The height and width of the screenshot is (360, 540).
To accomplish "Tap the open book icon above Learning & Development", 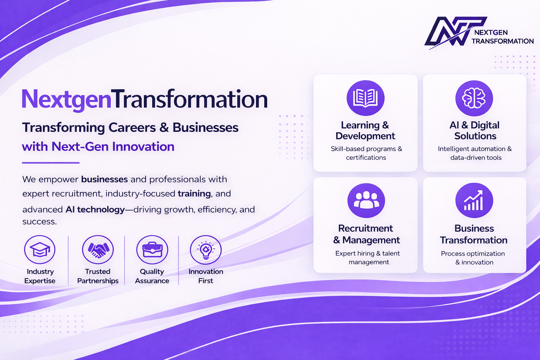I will (366, 98).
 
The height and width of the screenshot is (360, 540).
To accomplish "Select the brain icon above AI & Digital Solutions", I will (474, 98).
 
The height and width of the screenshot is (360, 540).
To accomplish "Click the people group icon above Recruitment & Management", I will (366, 201).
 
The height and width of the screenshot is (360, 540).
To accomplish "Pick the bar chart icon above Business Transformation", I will (474, 201).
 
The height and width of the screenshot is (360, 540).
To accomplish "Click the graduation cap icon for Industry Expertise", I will (40, 250).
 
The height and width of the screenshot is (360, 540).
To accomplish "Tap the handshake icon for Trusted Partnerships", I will (98, 250).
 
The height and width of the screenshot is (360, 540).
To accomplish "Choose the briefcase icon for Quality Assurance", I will (152, 250).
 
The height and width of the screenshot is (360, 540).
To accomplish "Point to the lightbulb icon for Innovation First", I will (206, 250).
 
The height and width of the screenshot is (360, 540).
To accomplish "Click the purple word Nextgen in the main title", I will (66, 99).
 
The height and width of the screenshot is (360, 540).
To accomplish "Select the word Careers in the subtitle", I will (132, 128).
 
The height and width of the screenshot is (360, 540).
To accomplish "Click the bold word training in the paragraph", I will (194, 194).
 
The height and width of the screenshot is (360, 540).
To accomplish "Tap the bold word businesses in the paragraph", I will (104, 179).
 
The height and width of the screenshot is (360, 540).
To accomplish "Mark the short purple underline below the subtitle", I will (51, 163).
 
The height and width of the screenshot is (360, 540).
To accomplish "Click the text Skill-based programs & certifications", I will (366, 153).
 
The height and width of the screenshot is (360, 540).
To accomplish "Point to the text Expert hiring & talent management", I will (368, 258).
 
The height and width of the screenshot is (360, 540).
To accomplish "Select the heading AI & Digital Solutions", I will (475, 130).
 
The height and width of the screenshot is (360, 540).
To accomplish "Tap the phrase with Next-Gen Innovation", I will (98, 147).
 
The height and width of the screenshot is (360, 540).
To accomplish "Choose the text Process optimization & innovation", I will (473, 258).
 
